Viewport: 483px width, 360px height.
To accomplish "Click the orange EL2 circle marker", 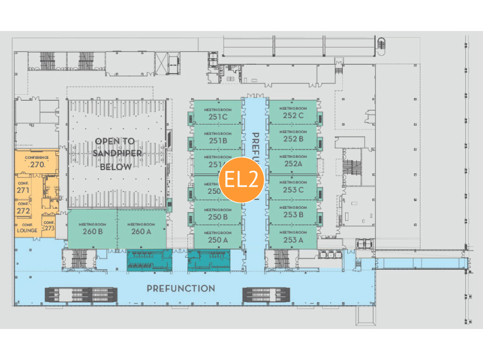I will tap(241, 179).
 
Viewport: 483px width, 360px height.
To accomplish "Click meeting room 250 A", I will tap(218, 237).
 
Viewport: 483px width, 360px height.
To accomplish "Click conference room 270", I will tap(37, 162).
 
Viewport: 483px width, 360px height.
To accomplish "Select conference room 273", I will tap(49, 225).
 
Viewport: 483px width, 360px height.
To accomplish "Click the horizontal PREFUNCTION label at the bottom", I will tap(181, 289).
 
